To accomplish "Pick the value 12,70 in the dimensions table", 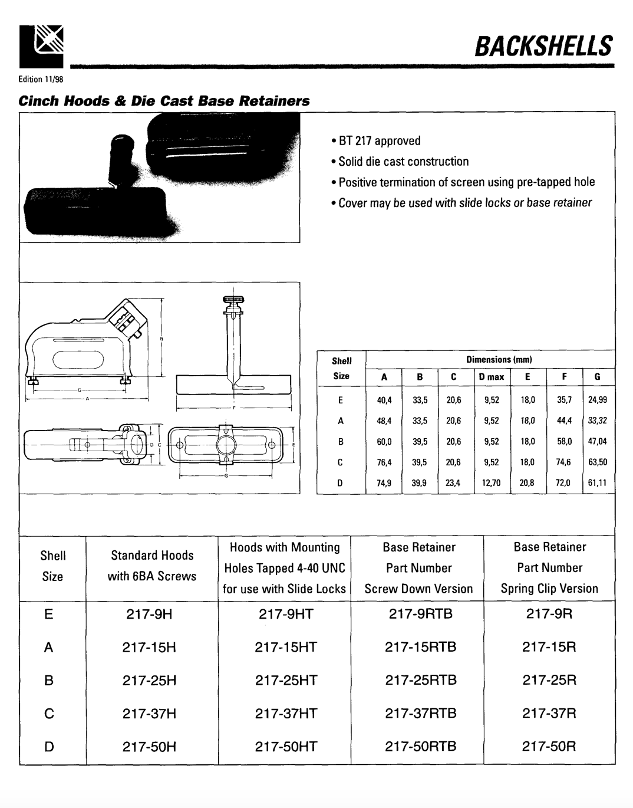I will [491, 483].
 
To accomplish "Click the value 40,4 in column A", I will [384, 400].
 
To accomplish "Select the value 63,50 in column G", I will [597, 462].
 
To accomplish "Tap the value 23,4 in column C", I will [453, 483].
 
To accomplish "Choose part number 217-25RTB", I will [421, 681].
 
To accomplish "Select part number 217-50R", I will [549, 747].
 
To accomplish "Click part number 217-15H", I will [150, 648].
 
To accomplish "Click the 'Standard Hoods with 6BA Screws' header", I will [152, 566].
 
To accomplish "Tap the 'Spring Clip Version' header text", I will [549, 589].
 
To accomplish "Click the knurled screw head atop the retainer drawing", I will [233, 300].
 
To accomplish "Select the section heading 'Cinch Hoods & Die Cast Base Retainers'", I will [164, 100].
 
